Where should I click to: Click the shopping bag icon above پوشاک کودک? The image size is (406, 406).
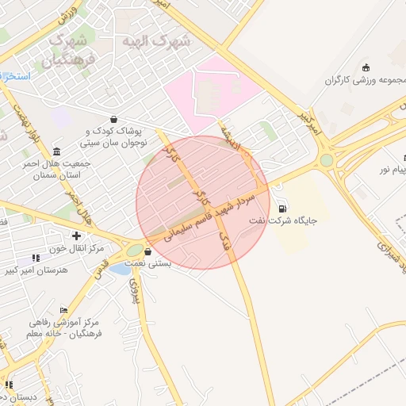pos(115,120)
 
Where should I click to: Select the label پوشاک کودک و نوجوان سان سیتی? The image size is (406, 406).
pos(112,137)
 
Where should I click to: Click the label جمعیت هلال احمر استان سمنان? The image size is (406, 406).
pos(59,169)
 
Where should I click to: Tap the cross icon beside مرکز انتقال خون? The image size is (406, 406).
pos(76,236)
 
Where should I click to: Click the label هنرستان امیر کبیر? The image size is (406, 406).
pos(36,270)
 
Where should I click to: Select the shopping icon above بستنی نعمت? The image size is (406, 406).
pos(147,252)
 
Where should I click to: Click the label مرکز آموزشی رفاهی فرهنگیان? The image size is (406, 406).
pos(64,328)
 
